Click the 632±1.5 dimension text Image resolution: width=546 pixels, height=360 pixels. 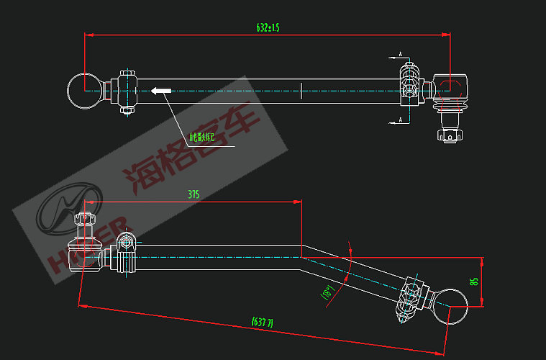pos(268,27)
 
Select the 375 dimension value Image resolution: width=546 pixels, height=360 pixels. pos(193,194)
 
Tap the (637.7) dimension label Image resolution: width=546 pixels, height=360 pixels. pos(261,321)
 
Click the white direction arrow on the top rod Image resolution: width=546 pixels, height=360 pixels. pos(160,91)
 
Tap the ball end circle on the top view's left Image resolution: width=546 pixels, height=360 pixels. pos(85,91)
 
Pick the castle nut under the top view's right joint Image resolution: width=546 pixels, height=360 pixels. pos(450,135)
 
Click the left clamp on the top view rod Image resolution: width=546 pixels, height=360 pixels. pos(127,91)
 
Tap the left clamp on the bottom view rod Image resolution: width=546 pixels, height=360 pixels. pos(127,252)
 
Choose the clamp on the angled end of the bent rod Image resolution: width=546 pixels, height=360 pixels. pos(408,298)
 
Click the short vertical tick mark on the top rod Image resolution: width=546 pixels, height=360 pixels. pos(301,91)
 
